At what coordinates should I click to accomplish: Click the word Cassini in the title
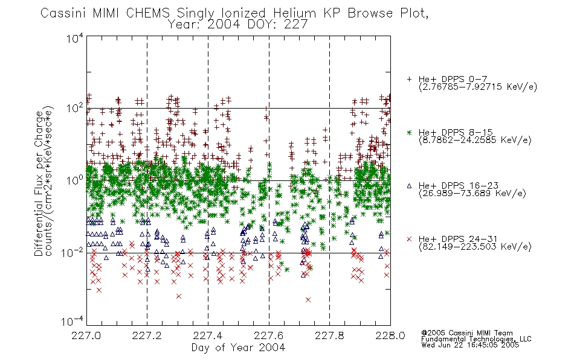point(63,13)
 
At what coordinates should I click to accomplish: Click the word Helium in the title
point(294,13)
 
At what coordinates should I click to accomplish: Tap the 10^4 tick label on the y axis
point(75,38)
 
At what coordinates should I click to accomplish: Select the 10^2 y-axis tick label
point(75,109)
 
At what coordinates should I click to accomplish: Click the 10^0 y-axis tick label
point(75,180)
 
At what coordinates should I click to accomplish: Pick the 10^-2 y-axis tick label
point(73,252)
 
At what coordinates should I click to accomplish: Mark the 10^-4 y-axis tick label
point(73,322)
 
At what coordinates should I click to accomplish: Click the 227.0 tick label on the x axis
point(86,335)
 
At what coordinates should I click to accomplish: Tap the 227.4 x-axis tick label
point(208,335)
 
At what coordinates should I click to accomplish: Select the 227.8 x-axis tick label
point(329,335)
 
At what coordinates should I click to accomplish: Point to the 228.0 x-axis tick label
point(390,335)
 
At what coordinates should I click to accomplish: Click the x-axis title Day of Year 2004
point(238,348)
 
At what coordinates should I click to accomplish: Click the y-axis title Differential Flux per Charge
point(39,183)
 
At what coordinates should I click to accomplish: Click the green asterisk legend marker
point(409,133)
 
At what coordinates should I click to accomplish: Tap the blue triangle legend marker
point(409,186)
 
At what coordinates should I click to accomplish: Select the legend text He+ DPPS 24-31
point(458,239)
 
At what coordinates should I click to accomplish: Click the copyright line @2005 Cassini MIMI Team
point(467,333)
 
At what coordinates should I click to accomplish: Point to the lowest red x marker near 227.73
point(308,300)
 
